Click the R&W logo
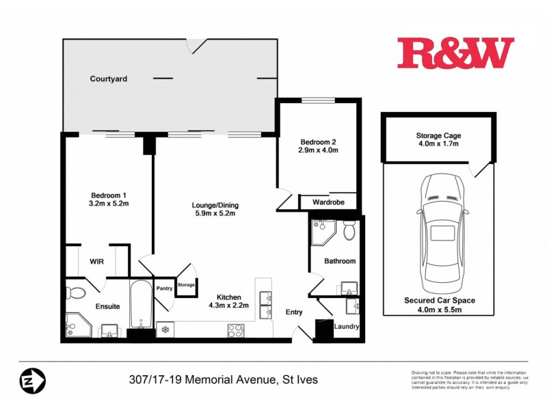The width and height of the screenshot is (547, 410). (x=455, y=53)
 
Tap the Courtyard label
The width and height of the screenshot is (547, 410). (x=109, y=79)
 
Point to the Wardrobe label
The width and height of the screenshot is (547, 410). (x=328, y=203)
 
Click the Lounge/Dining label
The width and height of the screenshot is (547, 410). (x=215, y=205)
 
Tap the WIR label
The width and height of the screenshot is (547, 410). (x=96, y=260)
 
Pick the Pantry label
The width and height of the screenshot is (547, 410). (x=164, y=288)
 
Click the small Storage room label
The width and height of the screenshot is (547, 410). (x=186, y=285)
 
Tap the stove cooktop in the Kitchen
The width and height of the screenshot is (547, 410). (x=235, y=331)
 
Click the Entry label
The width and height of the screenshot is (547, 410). (x=294, y=312)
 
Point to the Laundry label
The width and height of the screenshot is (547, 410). (x=347, y=327)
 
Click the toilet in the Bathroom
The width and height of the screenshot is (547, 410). (x=349, y=231)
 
